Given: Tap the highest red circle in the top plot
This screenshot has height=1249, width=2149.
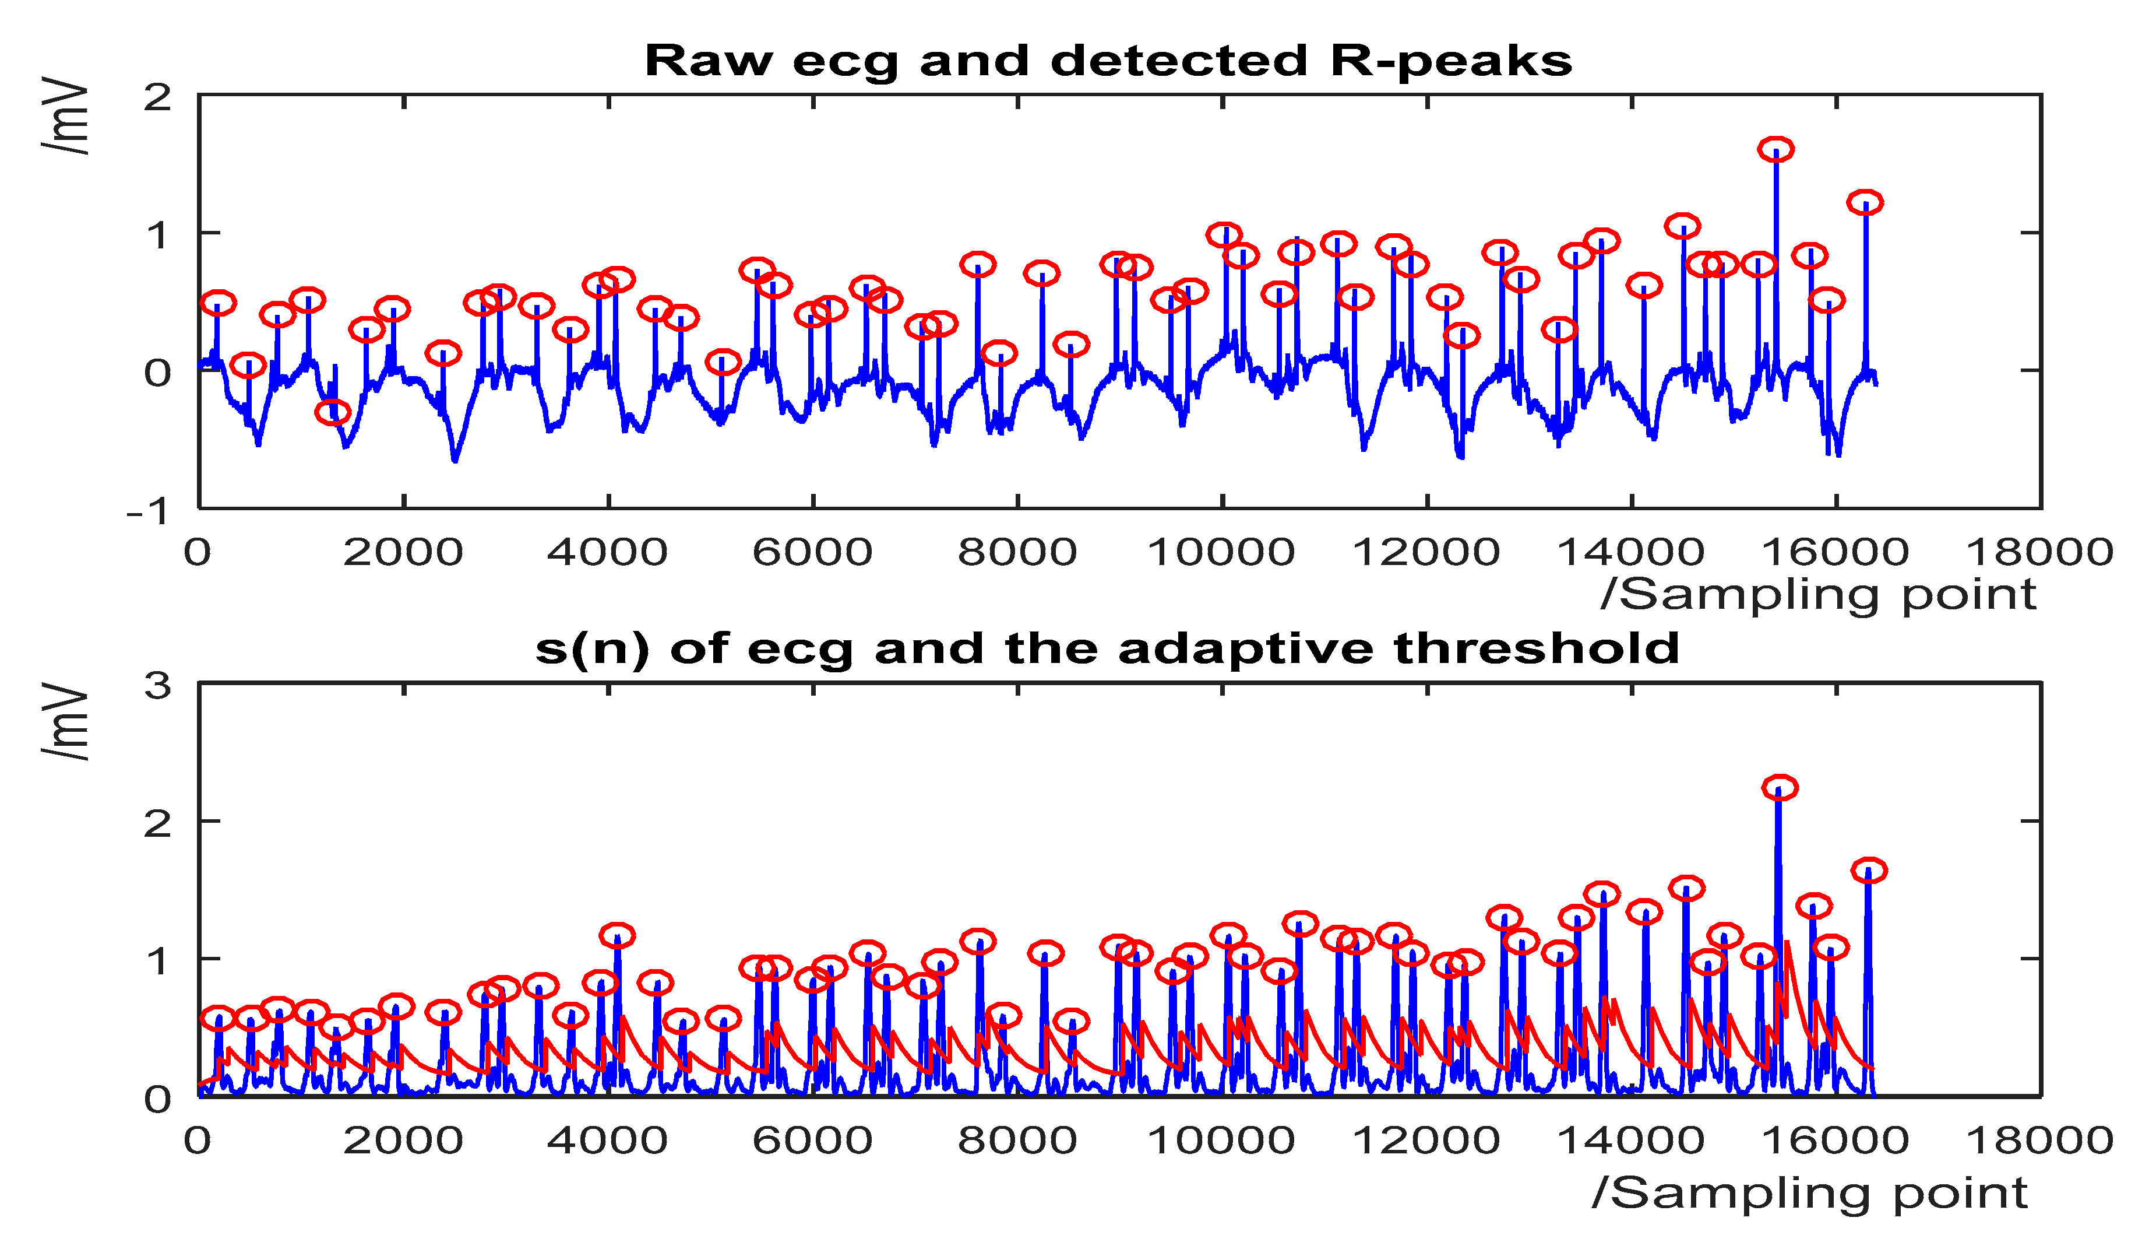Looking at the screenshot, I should (1775, 149).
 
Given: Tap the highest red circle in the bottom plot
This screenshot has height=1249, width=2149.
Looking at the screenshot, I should (1780, 787).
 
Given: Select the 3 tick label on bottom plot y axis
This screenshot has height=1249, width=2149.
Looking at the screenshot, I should (158, 686).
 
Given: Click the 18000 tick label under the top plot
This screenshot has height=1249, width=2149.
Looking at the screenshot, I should (2039, 552).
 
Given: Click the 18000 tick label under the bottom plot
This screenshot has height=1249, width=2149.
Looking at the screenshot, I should (2039, 1141).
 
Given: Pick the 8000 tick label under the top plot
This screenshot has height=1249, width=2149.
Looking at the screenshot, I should (1017, 552).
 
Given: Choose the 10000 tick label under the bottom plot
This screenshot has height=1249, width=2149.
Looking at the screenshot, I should (1221, 1141).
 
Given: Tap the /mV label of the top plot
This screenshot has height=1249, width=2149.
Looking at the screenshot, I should (66, 116).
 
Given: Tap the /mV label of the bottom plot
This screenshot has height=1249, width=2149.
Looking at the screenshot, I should (66, 721).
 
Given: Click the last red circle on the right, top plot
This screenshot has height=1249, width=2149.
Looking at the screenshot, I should (1865, 203).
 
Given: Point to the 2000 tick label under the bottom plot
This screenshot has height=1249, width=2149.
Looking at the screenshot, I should (403, 1141).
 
